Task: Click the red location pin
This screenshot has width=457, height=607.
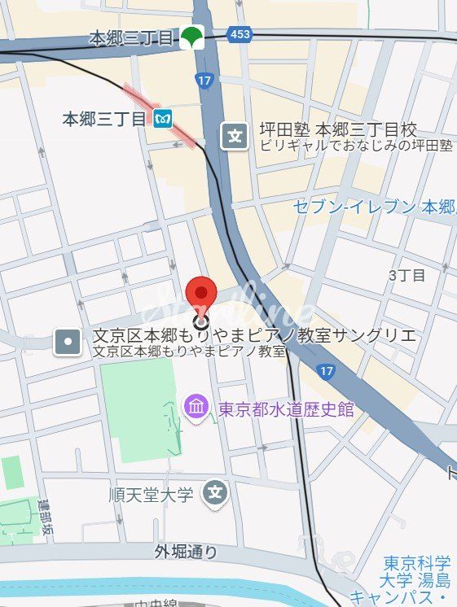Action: [201, 295]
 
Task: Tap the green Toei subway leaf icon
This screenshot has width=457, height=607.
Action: [191, 37]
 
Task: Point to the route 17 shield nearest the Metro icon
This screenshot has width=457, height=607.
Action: [204, 81]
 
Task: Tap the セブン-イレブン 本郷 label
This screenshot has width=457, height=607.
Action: [375, 207]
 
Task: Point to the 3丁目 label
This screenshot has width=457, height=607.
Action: [406, 275]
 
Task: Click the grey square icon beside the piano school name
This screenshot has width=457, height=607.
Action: [67, 343]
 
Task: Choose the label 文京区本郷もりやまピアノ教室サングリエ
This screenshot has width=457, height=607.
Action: [254, 336]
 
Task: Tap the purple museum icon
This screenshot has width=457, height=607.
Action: [196, 405]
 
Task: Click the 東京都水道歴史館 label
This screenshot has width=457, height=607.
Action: [286, 408]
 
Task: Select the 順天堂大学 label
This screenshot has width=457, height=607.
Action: [152, 494]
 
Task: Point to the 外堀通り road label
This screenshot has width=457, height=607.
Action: [187, 552]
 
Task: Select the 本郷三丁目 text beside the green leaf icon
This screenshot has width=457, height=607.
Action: [132, 37]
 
